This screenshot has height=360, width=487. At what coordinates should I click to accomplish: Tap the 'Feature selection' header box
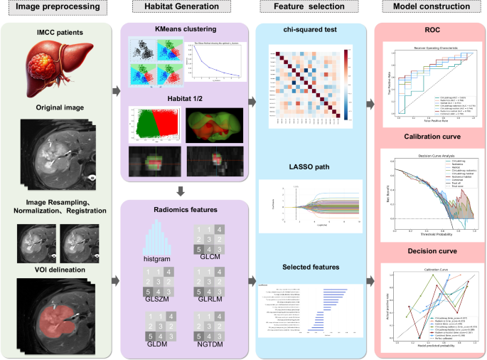point(308,9)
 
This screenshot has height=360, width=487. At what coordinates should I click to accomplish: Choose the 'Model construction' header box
point(431,9)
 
